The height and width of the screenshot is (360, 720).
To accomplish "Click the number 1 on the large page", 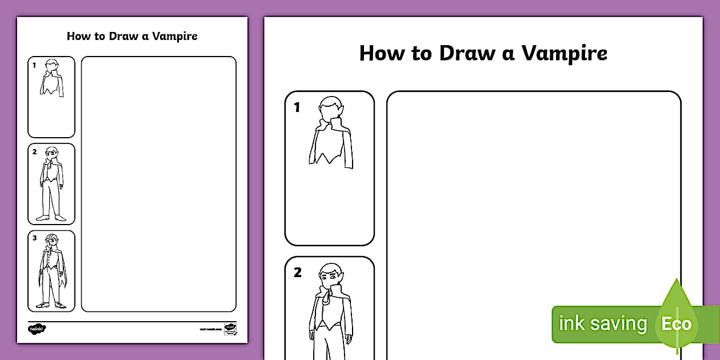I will pos(297,107).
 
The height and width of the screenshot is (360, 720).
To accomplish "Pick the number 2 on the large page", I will pos(298,273).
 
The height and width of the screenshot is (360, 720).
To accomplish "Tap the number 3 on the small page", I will pos(34,238).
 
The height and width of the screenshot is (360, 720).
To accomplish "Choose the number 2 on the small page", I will pos(34,151).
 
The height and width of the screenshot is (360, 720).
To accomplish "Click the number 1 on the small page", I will pos(34,65).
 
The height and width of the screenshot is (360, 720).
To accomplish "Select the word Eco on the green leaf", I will pos(677,324).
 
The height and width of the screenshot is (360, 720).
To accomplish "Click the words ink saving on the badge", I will pos(603,324).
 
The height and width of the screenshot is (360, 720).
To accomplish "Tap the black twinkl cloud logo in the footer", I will pos(37,329).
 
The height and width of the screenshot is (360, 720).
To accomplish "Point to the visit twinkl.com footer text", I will pos(210,330).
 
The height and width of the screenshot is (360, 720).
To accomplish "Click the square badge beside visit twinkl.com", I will pos(230,329).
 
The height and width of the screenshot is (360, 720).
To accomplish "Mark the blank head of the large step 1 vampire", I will pos(330,109).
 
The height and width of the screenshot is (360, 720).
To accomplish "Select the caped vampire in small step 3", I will pos(52,271).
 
